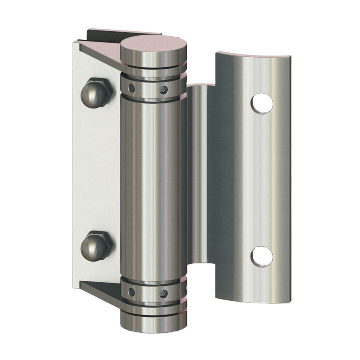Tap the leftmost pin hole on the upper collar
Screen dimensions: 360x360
131,88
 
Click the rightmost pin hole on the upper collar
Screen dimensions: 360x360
163,90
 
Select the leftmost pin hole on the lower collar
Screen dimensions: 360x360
131,292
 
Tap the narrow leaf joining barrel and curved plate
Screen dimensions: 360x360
197,175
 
